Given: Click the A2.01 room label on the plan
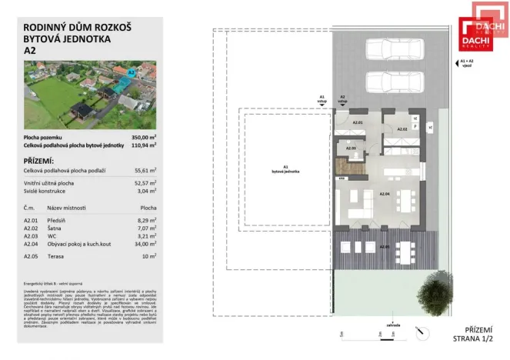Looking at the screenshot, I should click(x=357, y=122).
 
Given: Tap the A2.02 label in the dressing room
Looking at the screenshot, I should click(x=402, y=129).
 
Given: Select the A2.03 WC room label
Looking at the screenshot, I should click(x=350, y=148).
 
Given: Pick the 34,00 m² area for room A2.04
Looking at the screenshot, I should click(x=145, y=244).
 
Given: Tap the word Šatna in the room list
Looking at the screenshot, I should click(x=59, y=228).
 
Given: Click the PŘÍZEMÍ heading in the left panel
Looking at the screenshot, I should click(x=40, y=159).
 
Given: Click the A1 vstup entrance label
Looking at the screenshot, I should click(x=322, y=99).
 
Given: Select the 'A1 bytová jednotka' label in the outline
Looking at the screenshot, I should click(x=285, y=168).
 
